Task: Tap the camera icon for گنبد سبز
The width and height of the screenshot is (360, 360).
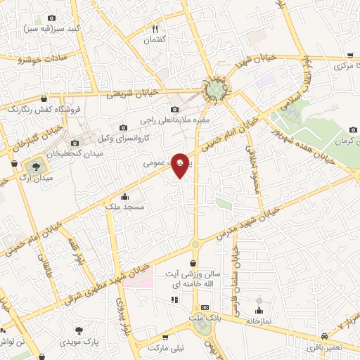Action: point(51,18)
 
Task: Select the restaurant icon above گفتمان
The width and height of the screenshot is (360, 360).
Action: point(155,29)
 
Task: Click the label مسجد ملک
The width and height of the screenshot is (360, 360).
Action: point(124,207)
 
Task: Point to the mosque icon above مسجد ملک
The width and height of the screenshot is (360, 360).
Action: point(124,197)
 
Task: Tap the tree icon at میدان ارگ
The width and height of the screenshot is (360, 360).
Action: point(32,167)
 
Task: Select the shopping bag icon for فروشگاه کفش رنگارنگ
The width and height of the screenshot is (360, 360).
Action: point(46,99)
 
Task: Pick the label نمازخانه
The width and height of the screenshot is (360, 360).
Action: point(258,320)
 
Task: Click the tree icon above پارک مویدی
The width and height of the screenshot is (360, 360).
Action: point(79,330)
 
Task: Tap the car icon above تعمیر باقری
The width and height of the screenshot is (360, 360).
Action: point(323,336)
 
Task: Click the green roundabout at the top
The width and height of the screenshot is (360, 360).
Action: point(217,90)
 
